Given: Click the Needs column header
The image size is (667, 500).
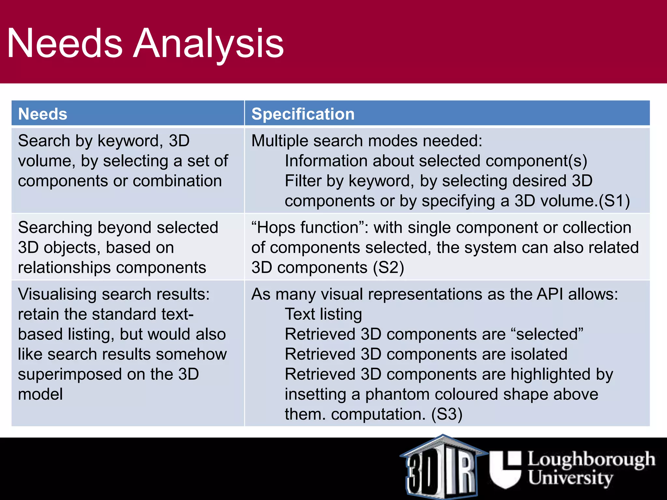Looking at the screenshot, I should coord(43,114).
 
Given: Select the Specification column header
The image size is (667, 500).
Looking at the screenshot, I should coord(303,114).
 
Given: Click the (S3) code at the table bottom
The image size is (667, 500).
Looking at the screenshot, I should coord(447,414).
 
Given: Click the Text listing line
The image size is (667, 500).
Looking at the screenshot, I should coord(323,314).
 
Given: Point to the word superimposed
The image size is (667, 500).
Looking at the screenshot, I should coord(70,374).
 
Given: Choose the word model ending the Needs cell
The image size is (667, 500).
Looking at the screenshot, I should coord(40,394).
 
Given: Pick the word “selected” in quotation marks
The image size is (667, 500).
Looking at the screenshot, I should coord(547,334).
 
